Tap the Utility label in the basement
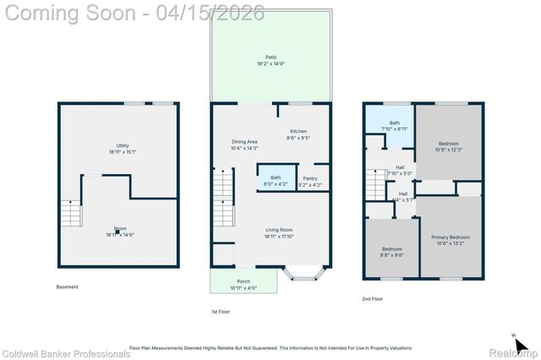(119, 149)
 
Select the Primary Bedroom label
(450, 240)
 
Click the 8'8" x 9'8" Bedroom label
(391, 252)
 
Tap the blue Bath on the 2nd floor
(395, 126)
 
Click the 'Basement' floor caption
(68, 287)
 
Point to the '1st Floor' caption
(221, 312)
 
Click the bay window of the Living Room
(303, 273)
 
